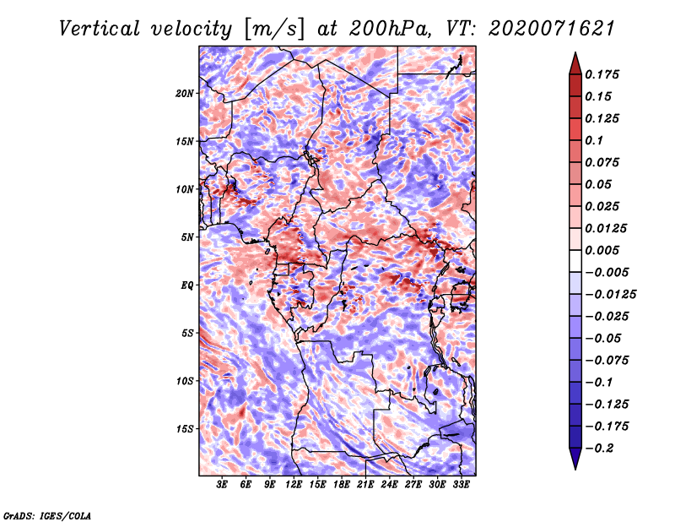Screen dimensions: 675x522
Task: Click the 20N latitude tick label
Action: click(x=185, y=94)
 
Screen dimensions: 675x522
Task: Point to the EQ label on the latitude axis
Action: click(x=186, y=285)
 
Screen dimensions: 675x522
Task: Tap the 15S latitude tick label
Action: click(x=185, y=429)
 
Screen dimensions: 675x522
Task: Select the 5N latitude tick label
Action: click(x=187, y=237)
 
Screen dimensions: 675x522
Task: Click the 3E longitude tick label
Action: click(x=222, y=485)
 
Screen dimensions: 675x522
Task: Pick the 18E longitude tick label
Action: click(x=342, y=485)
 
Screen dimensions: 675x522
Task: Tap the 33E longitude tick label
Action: click(x=461, y=485)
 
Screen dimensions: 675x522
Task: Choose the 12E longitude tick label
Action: click(x=294, y=485)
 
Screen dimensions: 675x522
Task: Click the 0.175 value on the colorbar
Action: click(x=602, y=74)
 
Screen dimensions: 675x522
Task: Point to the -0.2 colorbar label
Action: click(x=599, y=449)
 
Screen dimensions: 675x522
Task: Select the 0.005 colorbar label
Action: click(x=602, y=250)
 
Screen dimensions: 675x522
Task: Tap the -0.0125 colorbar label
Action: click(x=610, y=295)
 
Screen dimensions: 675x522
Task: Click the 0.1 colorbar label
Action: click(x=594, y=140)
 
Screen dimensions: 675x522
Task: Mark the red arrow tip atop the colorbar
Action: click(x=575, y=52)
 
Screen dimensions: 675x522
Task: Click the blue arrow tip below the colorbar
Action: click(x=575, y=469)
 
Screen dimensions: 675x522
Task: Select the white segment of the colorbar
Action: click(x=575, y=261)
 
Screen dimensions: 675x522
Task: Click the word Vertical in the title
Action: click(x=100, y=29)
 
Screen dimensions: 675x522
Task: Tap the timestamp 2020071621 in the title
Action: click(x=551, y=29)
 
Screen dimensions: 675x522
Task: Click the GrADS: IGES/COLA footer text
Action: click(x=47, y=515)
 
